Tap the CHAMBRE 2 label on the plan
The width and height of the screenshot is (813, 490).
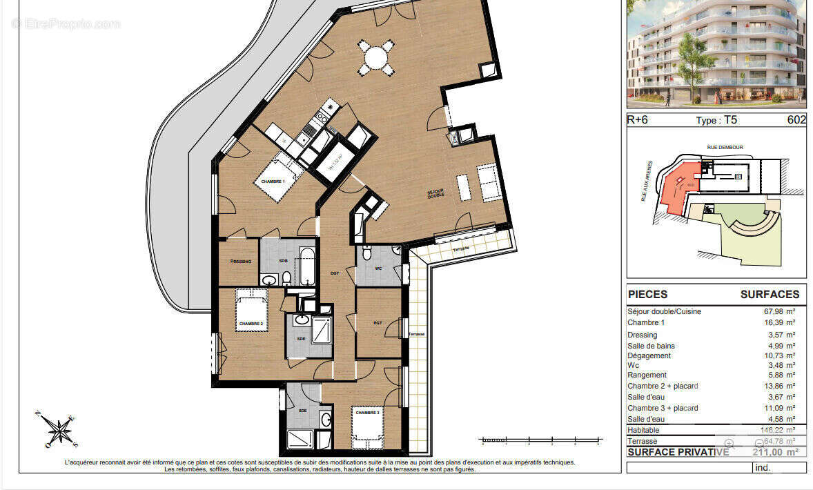[251, 323]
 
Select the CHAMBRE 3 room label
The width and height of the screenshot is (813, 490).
[367, 413]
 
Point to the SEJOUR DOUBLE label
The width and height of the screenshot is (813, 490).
[435, 194]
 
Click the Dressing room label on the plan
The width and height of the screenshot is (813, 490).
[241, 262]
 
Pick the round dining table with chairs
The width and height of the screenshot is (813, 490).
[375, 57]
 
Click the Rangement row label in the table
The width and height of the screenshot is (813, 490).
[647, 375]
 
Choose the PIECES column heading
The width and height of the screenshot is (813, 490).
[647, 294]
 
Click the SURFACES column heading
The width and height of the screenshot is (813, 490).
[770, 294]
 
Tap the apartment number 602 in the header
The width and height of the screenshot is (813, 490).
[796, 119]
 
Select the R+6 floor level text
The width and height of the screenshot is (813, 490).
[637, 119]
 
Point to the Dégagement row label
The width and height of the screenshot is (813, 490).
[649, 356]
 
